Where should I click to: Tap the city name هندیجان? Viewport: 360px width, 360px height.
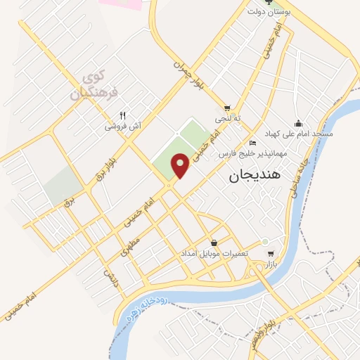[255, 177]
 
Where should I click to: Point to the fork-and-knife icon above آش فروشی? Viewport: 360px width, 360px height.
[122, 115]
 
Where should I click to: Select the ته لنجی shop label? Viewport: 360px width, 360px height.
[227, 119]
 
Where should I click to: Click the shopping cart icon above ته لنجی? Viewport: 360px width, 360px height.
[226, 108]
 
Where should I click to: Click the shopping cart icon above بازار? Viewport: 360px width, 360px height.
[271, 254]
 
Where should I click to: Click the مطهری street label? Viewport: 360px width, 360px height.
[129, 246]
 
